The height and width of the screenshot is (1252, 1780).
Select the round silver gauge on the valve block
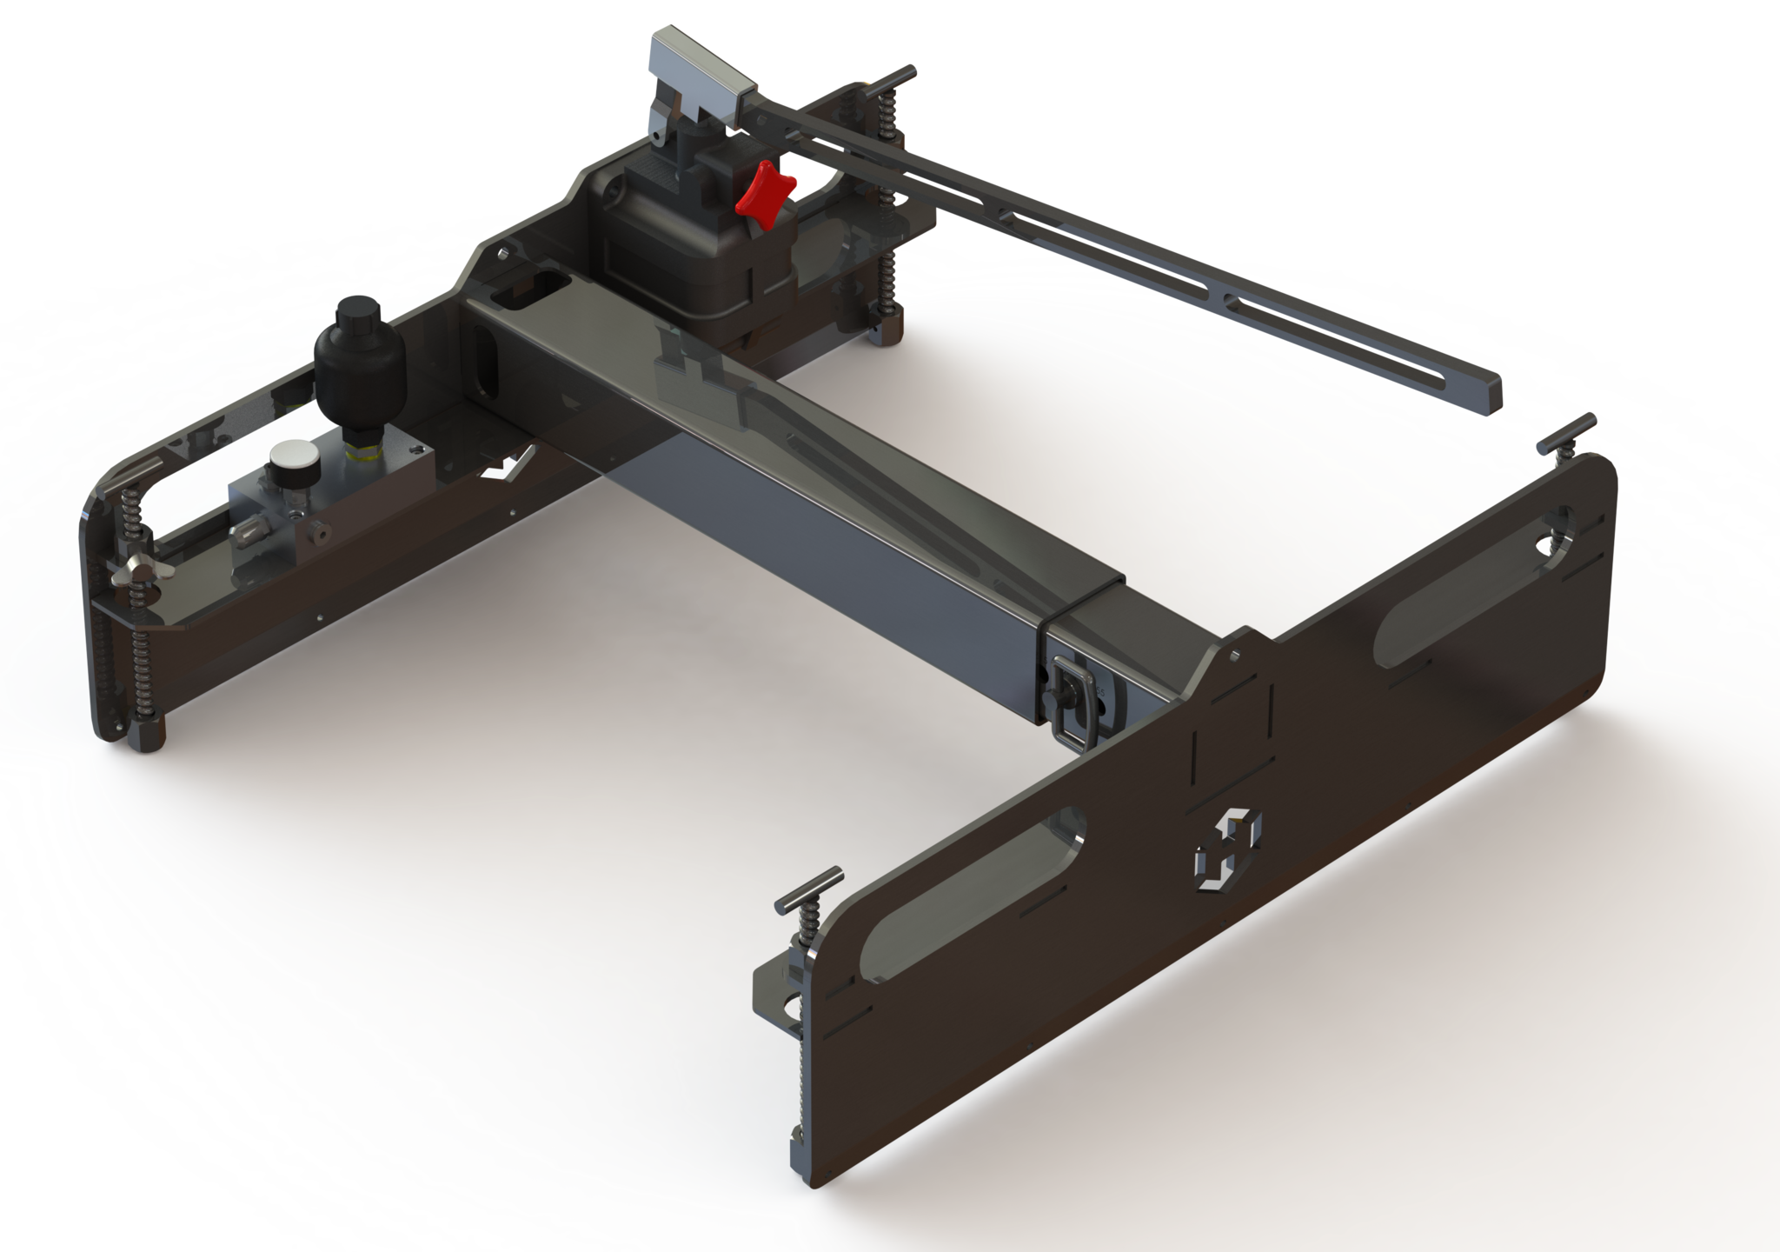288,459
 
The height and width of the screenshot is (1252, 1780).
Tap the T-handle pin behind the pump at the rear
887,83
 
